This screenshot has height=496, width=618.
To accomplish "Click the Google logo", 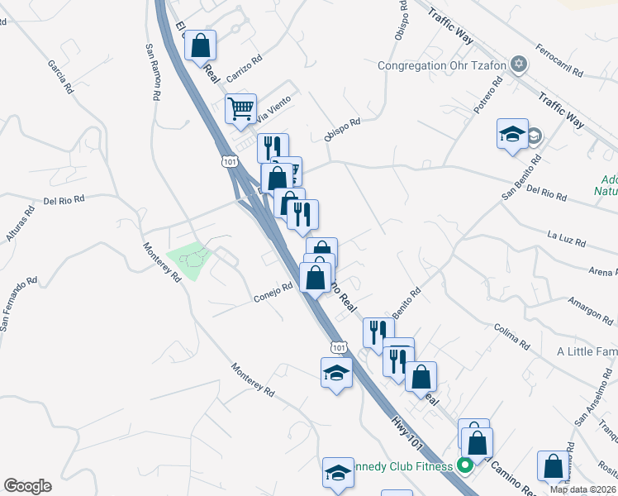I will click(x=27, y=486).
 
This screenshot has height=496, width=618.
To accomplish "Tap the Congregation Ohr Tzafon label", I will click(x=441, y=65).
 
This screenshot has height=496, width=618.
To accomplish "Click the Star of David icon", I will click(x=519, y=64).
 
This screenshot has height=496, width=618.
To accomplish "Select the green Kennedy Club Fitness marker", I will click(x=464, y=466).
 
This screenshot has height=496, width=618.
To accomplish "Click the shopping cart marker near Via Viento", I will click(x=240, y=109).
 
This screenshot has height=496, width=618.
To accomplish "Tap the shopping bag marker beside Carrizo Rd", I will click(x=201, y=46).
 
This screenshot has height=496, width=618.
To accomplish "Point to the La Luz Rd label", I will click(x=566, y=239).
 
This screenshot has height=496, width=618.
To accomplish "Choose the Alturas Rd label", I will click(x=20, y=224).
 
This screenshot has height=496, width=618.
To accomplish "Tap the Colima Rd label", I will click(x=511, y=335).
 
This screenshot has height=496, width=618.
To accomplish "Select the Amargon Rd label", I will click(x=589, y=312).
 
